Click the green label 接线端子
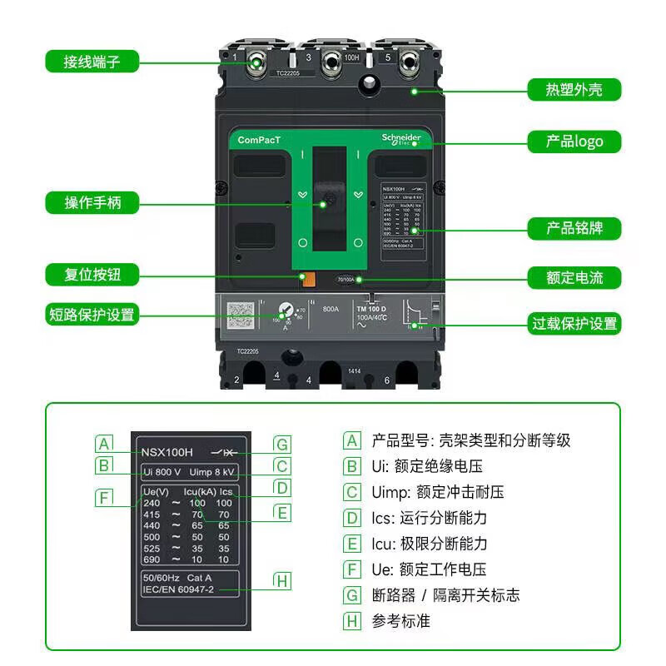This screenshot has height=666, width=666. (92, 62)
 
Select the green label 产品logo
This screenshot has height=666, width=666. (574, 142)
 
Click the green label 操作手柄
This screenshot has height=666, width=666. (92, 202)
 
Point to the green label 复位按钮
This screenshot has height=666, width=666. (92, 274)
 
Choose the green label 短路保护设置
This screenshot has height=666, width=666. (92, 315)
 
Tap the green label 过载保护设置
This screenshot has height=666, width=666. (574, 323)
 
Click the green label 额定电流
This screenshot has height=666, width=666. (574, 278)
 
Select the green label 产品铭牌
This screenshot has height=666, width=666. (574, 228)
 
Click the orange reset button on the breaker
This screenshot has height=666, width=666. (307, 280)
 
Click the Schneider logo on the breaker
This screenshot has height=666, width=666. (401, 139)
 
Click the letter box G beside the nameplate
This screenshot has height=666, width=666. (283, 444)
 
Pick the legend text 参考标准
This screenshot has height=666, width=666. (401, 621)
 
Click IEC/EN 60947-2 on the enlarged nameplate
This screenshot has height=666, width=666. (178, 589)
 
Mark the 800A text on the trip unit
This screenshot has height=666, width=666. (331, 307)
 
